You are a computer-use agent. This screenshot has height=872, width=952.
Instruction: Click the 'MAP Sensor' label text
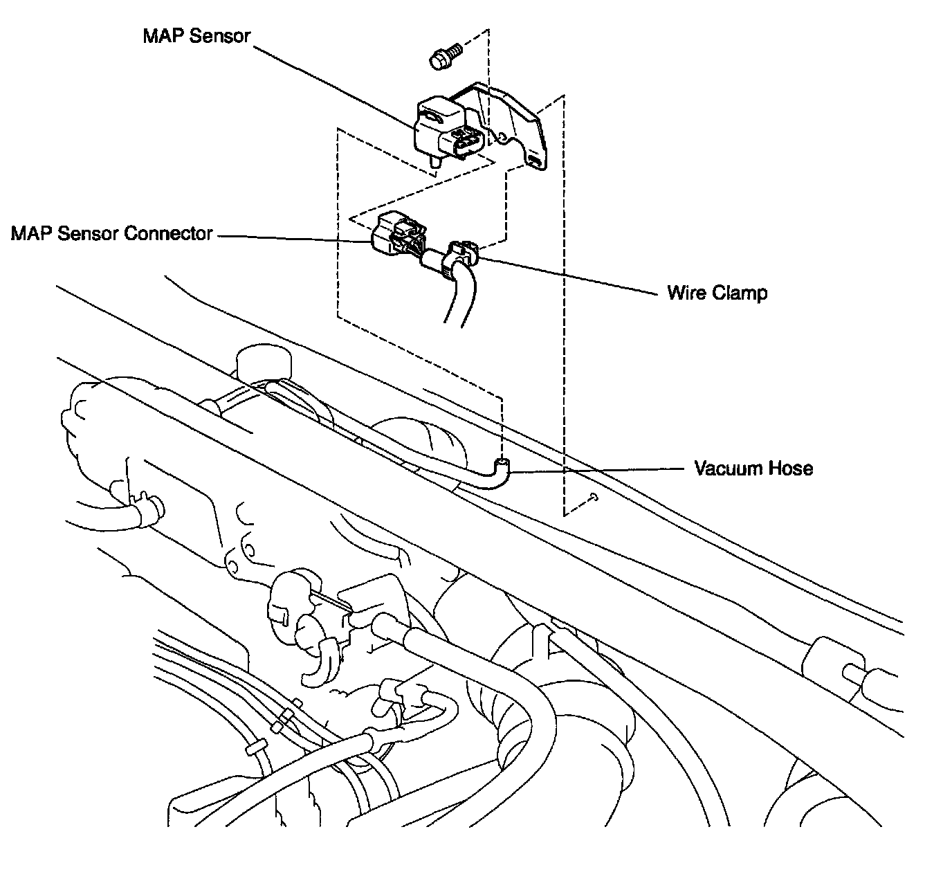tap(196, 36)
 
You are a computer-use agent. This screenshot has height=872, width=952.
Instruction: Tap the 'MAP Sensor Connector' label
tap(112, 234)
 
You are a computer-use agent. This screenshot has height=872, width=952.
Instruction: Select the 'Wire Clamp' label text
tap(717, 293)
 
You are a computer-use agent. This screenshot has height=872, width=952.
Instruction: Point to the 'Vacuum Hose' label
tap(753, 469)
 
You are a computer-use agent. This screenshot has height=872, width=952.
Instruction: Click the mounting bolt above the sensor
tap(443, 56)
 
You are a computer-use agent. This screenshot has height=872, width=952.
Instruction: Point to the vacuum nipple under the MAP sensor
tap(434, 161)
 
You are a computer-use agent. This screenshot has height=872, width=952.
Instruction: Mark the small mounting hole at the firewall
tap(594, 496)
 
